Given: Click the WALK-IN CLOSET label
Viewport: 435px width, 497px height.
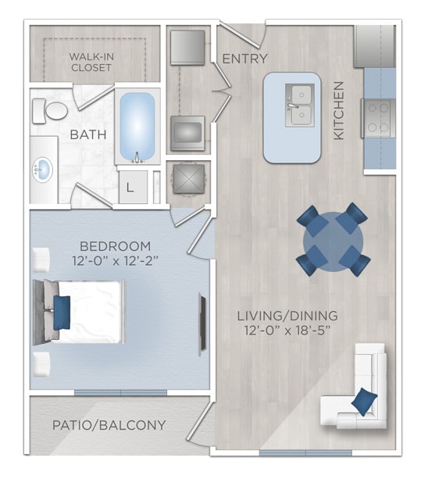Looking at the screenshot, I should [x=90, y=62].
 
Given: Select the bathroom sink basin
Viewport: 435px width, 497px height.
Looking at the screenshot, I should [x=43, y=167].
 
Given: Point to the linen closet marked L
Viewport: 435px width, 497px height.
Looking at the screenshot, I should [x=130, y=188].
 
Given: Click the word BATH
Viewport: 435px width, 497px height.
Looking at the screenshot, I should [x=89, y=134].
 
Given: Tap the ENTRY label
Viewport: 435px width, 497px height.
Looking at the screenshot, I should [x=244, y=59].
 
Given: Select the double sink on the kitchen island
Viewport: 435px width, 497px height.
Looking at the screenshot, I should [x=299, y=105].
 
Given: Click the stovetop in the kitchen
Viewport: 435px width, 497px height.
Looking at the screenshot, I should [x=378, y=118].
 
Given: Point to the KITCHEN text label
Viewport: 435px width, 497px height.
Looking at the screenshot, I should [x=339, y=110].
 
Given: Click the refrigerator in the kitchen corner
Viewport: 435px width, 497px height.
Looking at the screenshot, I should [x=375, y=46].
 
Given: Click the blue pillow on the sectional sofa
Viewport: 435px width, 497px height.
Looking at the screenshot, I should [x=364, y=402].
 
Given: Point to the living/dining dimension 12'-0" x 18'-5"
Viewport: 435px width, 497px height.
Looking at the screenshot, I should [x=287, y=331].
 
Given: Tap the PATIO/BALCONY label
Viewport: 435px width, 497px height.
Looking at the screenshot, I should [x=109, y=425].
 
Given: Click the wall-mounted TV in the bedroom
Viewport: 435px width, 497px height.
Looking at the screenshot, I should [x=202, y=321].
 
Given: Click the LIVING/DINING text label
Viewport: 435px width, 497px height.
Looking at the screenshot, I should [x=287, y=315].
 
